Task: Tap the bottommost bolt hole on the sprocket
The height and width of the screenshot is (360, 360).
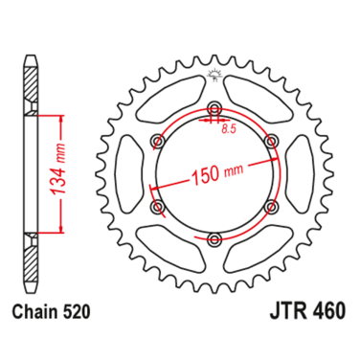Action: coord(214,238)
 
